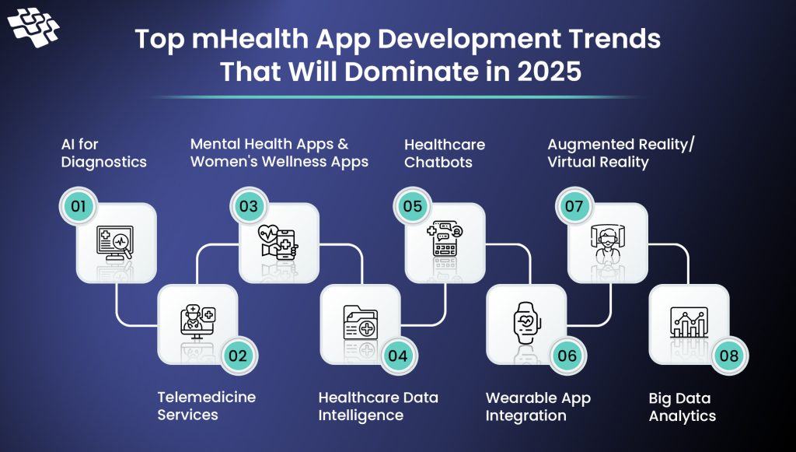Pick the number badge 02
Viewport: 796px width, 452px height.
pos(237,356)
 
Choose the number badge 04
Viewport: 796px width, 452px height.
pos(398,356)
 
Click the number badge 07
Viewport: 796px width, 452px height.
pos(574,207)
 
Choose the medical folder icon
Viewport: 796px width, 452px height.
pos(360,321)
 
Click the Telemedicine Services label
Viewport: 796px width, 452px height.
pos(206,405)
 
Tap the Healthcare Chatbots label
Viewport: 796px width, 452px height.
pos(444,152)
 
